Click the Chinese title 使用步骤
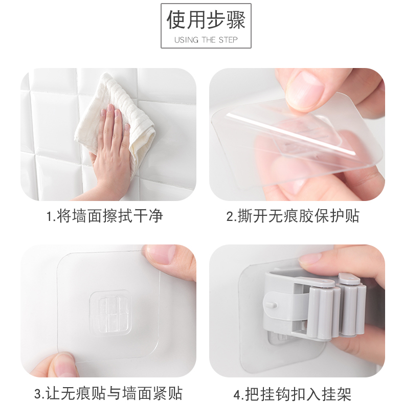(x=206, y=20)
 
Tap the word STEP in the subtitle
(x=228, y=40)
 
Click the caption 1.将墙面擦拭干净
(x=105, y=216)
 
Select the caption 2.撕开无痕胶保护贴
(x=293, y=216)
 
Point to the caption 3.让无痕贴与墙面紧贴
(x=108, y=393)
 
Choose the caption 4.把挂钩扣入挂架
(x=293, y=393)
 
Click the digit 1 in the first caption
(x=50, y=216)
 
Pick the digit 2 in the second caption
(x=230, y=216)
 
